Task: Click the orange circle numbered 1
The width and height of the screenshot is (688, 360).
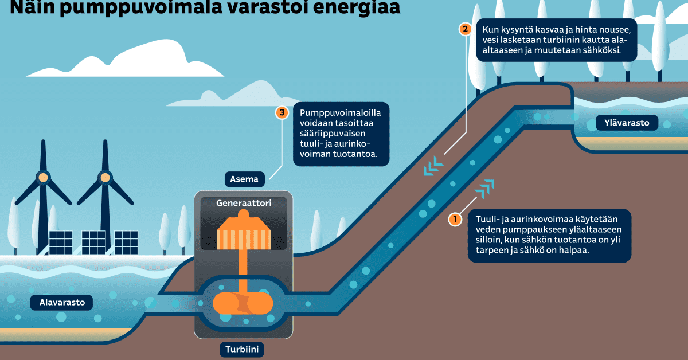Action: click(x=455, y=219)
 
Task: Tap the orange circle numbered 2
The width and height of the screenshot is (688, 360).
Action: click(x=466, y=29)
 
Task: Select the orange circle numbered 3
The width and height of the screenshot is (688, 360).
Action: click(x=282, y=112)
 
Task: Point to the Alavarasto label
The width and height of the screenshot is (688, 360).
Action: click(x=58, y=303)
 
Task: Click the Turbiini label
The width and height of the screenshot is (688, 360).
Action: click(x=243, y=349)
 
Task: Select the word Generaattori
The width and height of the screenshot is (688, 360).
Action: click(x=244, y=203)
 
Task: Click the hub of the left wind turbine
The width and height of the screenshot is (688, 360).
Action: click(x=42, y=178)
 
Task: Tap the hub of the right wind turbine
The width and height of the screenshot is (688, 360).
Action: click(x=105, y=178)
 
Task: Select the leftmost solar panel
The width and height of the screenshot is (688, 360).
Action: click(x=61, y=242)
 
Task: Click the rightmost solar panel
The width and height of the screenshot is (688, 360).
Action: click(x=126, y=242)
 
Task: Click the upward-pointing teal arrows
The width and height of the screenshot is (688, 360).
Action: click(x=485, y=187)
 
